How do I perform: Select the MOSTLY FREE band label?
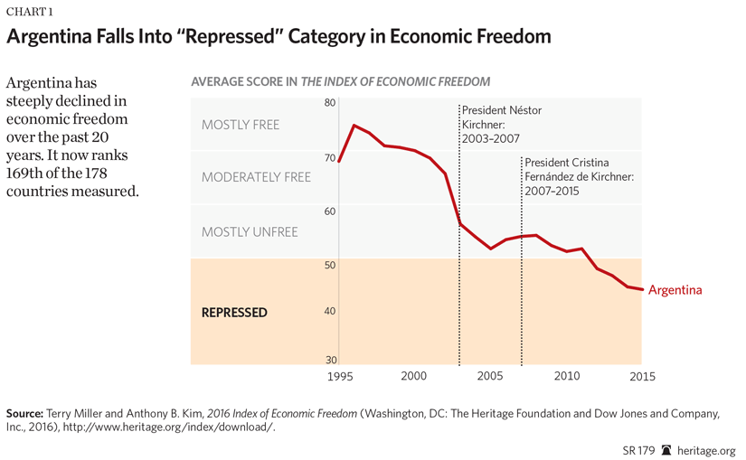241,125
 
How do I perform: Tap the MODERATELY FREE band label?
256,177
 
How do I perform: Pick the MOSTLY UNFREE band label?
250,232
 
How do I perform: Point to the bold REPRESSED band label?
234,313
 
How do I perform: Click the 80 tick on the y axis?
330,103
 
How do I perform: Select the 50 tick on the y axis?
330,266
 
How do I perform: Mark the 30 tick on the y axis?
330,360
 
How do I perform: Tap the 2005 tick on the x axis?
490,376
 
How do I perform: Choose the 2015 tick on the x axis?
642,376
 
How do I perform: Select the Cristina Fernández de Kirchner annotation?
579,176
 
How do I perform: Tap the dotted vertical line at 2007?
521,271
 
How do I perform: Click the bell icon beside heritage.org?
666,450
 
